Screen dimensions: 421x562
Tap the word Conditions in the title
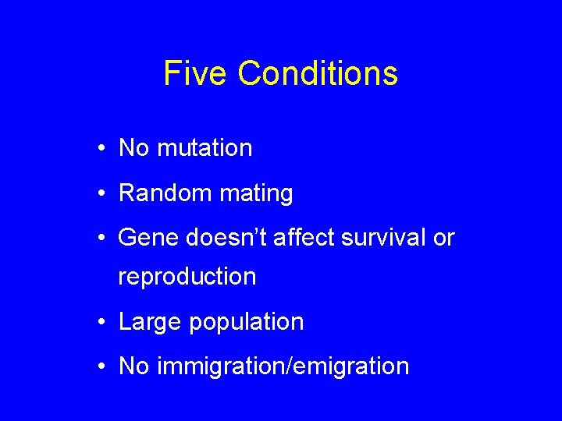[318, 74]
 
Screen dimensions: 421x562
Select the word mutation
[205, 148]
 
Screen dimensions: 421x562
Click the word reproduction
[187, 277]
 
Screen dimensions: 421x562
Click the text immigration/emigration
[283, 366]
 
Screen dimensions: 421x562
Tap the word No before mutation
[134, 148]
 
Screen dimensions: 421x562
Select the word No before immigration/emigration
[134, 366]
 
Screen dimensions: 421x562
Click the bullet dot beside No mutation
[103, 148]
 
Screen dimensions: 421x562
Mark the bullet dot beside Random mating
[103, 193]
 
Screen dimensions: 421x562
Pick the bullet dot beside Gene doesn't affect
[103, 239]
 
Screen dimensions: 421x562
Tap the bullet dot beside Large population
[103, 322]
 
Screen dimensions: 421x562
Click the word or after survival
[443, 239]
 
